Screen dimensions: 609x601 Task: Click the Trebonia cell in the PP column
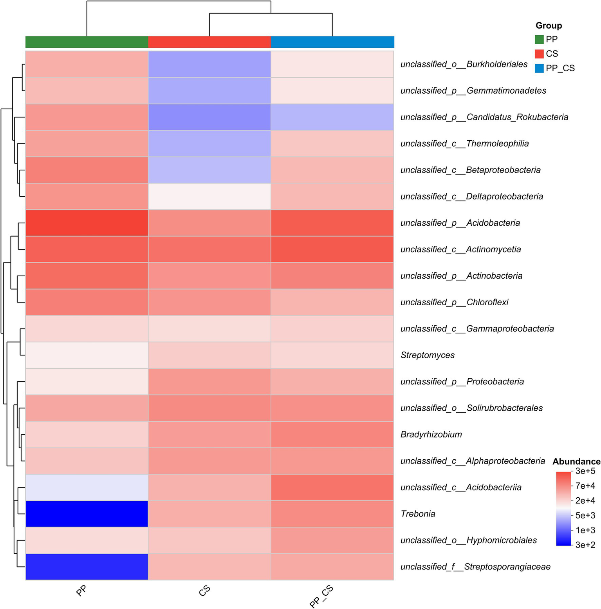87,513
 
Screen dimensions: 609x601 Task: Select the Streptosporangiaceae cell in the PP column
87,566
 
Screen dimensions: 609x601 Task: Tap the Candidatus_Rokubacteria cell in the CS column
209,117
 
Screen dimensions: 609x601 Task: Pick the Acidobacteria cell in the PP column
87,223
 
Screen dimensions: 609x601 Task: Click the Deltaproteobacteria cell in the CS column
209,196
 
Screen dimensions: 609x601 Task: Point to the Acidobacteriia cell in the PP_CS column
332,487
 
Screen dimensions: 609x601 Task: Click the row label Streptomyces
428,355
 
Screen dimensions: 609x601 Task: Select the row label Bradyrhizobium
431,434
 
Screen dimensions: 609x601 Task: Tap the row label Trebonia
418,514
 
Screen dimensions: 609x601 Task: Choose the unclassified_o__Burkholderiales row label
464,64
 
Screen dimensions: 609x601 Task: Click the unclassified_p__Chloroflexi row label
454,302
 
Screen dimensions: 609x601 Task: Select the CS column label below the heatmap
204,591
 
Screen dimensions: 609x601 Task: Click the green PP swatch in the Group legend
539,39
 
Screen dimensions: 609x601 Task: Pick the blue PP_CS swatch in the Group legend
539,68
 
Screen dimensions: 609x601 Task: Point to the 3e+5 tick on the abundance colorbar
585,471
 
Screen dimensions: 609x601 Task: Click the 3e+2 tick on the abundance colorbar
585,545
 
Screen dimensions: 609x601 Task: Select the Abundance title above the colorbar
576,461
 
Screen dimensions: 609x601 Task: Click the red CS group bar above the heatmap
209,42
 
